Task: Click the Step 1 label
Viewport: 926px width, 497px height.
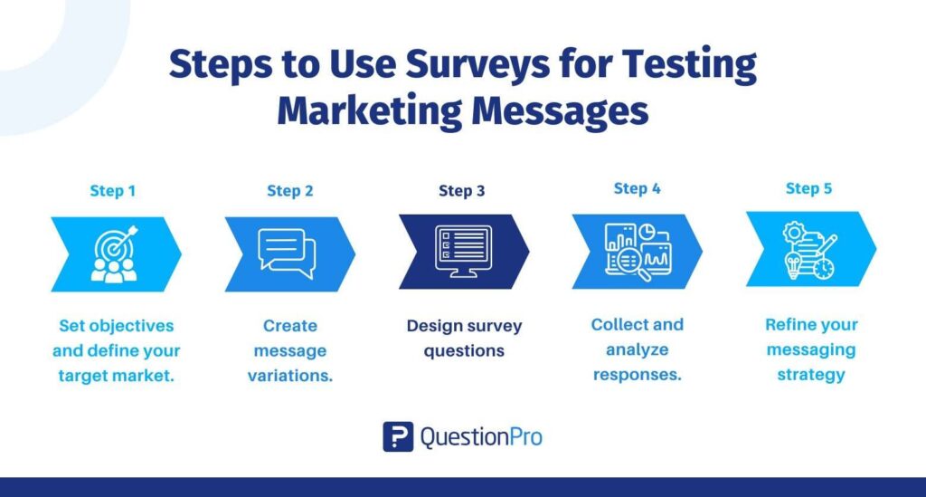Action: pyautogui.click(x=112, y=191)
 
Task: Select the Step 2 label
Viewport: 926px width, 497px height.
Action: pyautogui.click(x=290, y=191)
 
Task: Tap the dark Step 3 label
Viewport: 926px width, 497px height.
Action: pyautogui.click(x=461, y=191)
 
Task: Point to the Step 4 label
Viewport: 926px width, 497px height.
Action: pyautogui.click(x=637, y=188)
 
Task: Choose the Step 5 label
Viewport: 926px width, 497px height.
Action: pyautogui.click(x=808, y=188)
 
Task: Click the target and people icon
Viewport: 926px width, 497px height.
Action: pyautogui.click(x=114, y=254)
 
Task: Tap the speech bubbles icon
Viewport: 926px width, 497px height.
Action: pyautogui.click(x=287, y=253)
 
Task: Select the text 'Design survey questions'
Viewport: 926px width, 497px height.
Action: pyautogui.click(x=464, y=338)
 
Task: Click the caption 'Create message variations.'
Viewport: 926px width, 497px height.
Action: pyautogui.click(x=290, y=349)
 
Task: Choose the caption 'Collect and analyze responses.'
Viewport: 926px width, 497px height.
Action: pyautogui.click(x=637, y=349)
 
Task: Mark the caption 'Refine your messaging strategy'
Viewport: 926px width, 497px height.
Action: pyautogui.click(x=810, y=349)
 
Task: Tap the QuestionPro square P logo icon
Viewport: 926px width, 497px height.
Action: pyautogui.click(x=398, y=437)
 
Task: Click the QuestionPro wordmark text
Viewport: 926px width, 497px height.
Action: pyautogui.click(x=480, y=438)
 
